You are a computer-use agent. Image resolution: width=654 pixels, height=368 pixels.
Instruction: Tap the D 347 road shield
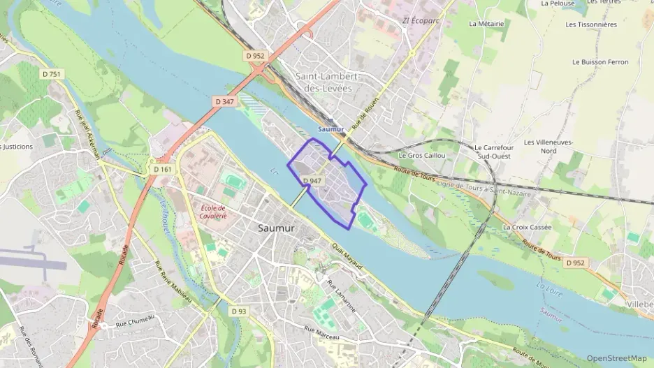225,101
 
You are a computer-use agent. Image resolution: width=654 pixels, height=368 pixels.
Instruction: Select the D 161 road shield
161,169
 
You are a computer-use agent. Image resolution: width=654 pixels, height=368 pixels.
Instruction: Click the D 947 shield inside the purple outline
312,181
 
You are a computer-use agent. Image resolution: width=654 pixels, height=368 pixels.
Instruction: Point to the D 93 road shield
239,311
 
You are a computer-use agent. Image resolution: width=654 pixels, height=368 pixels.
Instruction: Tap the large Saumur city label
276,228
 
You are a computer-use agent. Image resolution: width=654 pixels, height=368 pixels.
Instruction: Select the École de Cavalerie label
212,212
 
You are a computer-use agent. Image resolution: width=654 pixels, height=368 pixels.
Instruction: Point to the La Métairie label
486,23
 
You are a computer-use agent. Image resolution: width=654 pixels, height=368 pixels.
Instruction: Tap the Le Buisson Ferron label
599,62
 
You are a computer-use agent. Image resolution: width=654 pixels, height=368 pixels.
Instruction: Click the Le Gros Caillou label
421,155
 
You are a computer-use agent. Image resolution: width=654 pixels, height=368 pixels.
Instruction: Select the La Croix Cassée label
527,227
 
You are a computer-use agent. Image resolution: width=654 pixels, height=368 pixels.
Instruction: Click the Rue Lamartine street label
347,296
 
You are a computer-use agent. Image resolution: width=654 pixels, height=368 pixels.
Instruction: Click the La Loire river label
550,286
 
